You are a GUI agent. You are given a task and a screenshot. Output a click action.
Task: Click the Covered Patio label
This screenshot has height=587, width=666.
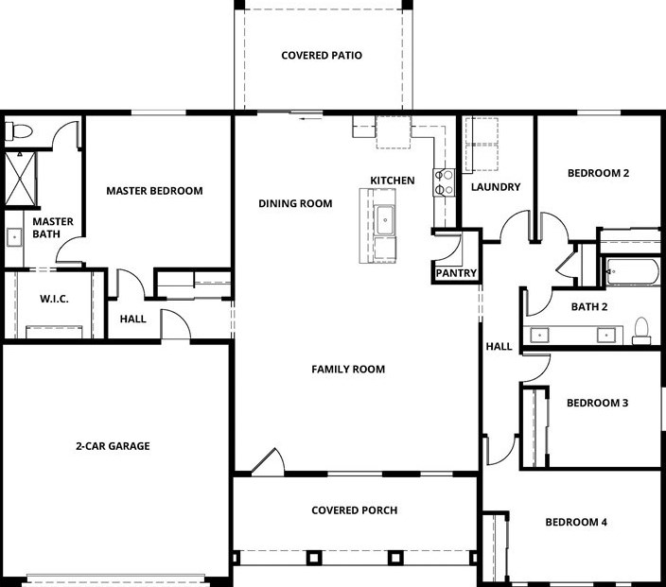[x=322, y=56]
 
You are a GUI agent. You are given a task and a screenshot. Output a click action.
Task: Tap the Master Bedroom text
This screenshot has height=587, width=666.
[x=154, y=191]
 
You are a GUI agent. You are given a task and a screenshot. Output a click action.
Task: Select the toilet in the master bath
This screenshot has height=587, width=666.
[x=20, y=130]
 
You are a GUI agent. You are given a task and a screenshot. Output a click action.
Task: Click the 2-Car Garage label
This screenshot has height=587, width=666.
[x=114, y=446]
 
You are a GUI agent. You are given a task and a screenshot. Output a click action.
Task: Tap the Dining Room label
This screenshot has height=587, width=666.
[x=295, y=203]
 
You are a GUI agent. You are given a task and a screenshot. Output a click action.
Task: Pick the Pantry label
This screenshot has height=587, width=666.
[x=456, y=273]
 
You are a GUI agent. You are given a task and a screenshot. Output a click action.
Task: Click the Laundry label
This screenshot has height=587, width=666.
[x=496, y=187]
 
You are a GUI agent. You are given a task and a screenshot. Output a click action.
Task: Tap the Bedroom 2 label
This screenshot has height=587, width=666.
[x=598, y=173]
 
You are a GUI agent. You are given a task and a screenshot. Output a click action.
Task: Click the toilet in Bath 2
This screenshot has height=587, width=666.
[x=642, y=330]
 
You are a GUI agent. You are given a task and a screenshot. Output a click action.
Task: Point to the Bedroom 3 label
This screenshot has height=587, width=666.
[x=597, y=403]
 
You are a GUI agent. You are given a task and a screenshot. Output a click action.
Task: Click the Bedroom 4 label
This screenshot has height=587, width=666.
[x=577, y=522]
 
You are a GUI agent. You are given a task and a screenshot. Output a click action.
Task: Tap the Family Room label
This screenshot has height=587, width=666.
[x=348, y=370]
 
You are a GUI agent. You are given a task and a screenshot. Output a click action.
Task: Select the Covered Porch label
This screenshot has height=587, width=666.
[x=355, y=510]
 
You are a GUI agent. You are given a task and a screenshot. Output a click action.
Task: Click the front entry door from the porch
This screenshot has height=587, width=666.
[x=267, y=462]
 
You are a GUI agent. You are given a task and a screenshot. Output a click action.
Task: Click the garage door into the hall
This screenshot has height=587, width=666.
[x=176, y=325]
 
